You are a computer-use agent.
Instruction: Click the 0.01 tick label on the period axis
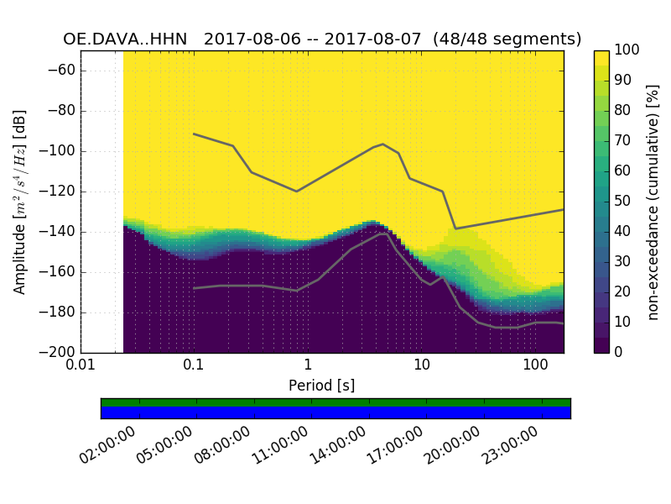81,366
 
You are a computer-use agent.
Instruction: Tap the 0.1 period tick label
194,366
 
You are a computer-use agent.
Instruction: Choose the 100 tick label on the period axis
535,366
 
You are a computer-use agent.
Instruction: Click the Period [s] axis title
322,386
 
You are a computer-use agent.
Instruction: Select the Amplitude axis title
20,202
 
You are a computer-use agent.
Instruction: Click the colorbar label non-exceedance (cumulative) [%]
654,202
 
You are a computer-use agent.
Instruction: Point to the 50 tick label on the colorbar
623,202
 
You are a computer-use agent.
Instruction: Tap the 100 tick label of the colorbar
627,50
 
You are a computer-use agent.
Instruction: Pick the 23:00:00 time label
509,445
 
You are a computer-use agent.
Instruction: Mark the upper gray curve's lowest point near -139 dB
455,228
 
